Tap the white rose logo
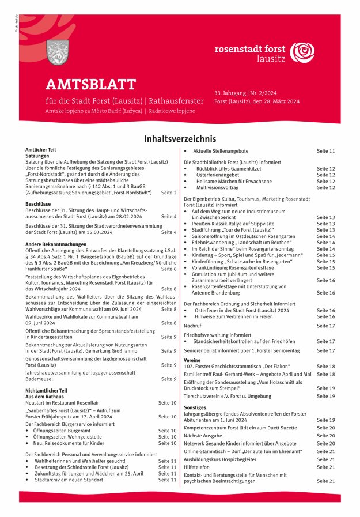pos(302,53)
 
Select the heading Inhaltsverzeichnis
pos(180,139)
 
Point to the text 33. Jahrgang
pos(229,93)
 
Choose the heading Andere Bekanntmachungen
pos(55,244)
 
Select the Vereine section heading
pos(193,360)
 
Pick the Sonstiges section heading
pos(196,407)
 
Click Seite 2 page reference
pos(169,193)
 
